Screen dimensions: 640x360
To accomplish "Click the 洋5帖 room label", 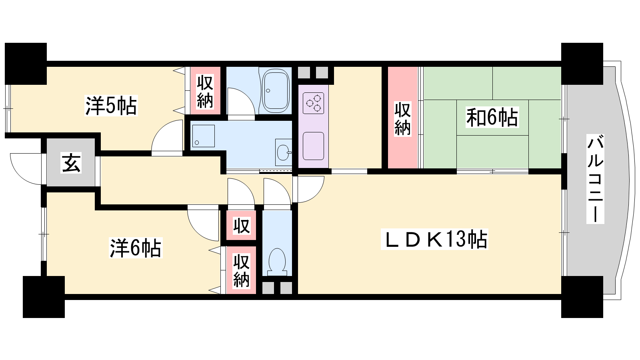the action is click(x=111, y=106).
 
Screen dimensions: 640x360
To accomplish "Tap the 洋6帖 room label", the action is click(x=136, y=248).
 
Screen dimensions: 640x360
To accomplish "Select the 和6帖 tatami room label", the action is click(x=492, y=117).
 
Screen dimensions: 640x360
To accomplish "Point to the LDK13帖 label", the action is click(x=434, y=240).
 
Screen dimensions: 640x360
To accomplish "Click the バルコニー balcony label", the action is click(x=595, y=178).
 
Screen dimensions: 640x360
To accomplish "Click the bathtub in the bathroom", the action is click(x=276, y=91).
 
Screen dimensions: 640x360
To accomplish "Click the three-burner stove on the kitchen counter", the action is click(x=314, y=103).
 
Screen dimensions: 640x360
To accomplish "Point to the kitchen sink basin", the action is click(x=314, y=146).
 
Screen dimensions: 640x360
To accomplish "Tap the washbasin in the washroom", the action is click(x=284, y=152).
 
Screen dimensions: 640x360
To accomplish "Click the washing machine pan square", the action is click(x=204, y=136).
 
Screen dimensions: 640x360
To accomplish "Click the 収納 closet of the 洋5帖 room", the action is click(x=205, y=91).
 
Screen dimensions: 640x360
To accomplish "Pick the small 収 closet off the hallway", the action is click(x=242, y=226).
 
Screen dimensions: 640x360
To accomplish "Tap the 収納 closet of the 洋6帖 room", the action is click(x=242, y=270).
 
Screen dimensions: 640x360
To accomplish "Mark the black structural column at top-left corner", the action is click(x=26, y=64).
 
